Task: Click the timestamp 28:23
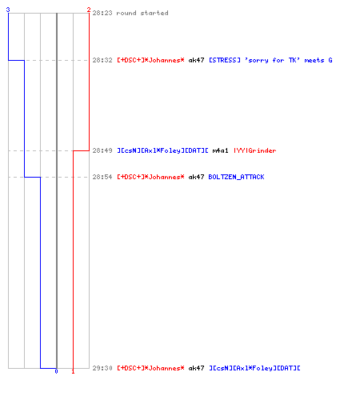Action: pyautogui.click(x=102, y=13)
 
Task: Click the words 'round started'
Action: pyautogui.click(x=142, y=13)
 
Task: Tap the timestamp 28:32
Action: pyautogui.click(x=102, y=60)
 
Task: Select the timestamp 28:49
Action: pyautogui.click(x=102, y=150)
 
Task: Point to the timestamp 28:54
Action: pyautogui.click(x=102, y=177)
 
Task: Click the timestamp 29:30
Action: pyautogui.click(x=102, y=368)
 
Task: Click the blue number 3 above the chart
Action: pyautogui.click(x=8, y=10)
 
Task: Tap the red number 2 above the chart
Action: pyautogui.click(x=89, y=10)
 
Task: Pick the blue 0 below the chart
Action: pyautogui.click(x=56, y=371)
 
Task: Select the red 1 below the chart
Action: pyautogui.click(x=73, y=371)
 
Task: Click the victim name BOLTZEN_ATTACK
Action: pyautogui.click(x=236, y=177)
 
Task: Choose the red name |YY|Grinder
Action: pyautogui.click(x=255, y=150)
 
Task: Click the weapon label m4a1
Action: pyautogui.click(x=220, y=150)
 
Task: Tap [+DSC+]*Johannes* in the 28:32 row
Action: pyautogui.click(x=150, y=60)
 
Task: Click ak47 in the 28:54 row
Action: pyautogui.click(x=196, y=177)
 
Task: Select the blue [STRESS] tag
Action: pyautogui.click(x=225, y=60)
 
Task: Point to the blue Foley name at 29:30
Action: pyautogui.click(x=254, y=368)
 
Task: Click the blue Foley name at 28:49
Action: pyautogui.click(x=162, y=150)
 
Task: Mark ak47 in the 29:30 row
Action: pyautogui.click(x=196, y=368)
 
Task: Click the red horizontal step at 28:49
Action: pyautogui.click(x=81, y=150)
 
